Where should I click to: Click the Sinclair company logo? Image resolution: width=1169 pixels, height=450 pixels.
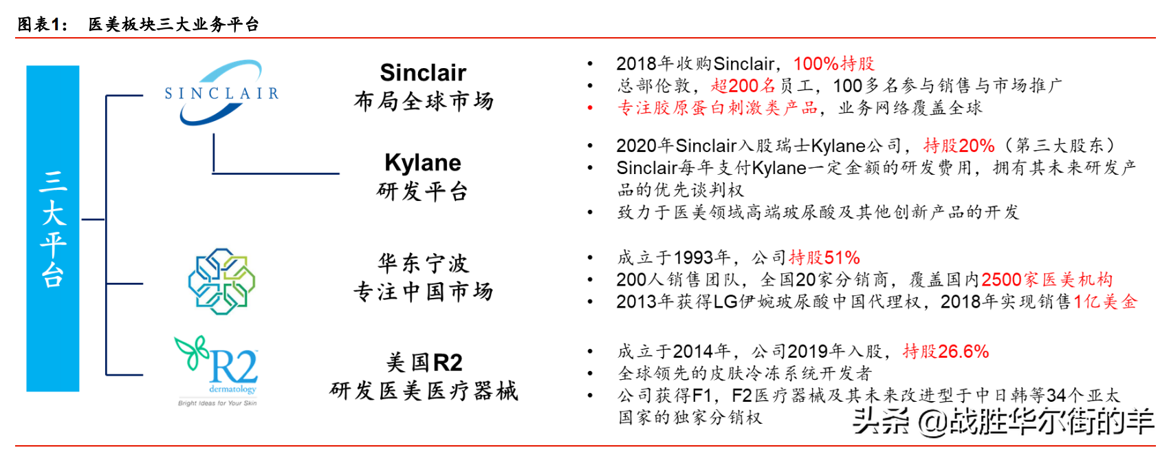tap(222, 92)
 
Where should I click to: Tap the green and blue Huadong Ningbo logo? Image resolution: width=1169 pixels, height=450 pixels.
tap(222, 281)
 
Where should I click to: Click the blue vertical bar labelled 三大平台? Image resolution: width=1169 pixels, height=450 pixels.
tap(53, 228)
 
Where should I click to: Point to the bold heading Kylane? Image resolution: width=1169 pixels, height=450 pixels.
tap(423, 163)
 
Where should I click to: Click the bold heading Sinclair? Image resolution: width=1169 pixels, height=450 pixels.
tap(423, 72)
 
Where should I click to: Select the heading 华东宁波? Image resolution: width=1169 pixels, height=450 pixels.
tap(423, 264)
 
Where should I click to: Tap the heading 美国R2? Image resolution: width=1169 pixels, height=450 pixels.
tap(424, 363)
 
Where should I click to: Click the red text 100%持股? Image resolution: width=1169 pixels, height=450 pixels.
tap(834, 64)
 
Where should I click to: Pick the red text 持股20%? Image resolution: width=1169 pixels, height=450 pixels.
tap(959, 146)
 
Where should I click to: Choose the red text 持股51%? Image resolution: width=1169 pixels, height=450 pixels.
tap(824, 257)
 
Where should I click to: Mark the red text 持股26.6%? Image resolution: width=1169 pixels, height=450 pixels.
tap(946, 352)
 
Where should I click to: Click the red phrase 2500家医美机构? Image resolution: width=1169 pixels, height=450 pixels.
tap(1047, 280)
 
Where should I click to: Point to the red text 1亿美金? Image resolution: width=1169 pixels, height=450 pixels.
tap(1105, 302)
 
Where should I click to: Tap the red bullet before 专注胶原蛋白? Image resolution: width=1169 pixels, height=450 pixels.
tap(590, 108)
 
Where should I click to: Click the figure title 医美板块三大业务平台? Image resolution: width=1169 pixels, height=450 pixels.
tap(173, 24)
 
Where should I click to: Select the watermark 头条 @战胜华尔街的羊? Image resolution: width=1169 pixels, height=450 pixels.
tap(1003, 422)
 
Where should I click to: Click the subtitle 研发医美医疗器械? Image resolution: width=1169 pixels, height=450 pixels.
tap(424, 391)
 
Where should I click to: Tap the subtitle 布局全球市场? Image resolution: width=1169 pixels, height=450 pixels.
tap(423, 101)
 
